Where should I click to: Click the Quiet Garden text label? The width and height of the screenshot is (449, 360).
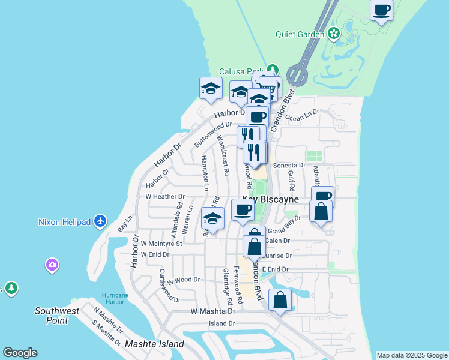tap(300, 34)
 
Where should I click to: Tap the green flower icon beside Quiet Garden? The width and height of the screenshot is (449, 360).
tap(334, 34)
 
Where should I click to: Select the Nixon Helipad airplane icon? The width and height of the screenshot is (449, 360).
tap(100, 222)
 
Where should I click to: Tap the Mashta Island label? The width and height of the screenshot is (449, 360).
tap(154, 344)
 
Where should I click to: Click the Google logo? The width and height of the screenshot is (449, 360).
tap(20, 353)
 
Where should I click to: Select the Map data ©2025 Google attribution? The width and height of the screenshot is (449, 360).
tap(412, 355)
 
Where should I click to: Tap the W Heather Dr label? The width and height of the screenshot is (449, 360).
tap(165, 197)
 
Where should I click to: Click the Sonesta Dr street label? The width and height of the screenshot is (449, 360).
tap(289, 165)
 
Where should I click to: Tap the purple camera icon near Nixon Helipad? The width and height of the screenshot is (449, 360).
tap(52, 265)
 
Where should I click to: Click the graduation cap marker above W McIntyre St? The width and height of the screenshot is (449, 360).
tap(212, 219)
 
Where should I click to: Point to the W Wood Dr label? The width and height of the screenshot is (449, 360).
tap(183, 280)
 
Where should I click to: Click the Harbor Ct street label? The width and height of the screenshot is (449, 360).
tap(158, 178)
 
